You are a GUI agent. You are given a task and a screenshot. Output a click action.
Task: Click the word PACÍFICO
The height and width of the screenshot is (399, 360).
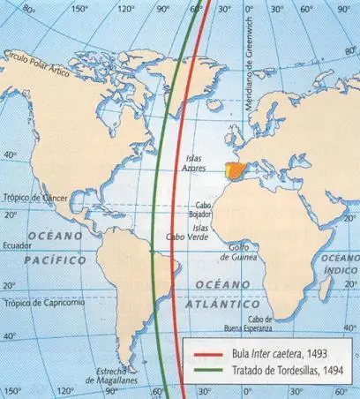(56, 260)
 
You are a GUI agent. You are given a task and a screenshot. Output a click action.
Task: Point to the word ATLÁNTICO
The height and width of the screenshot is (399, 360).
(217, 303)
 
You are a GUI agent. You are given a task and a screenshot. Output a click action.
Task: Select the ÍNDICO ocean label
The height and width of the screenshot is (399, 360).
(340, 269)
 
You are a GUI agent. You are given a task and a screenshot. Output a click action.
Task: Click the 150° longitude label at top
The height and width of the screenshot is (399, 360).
(79, 11)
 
